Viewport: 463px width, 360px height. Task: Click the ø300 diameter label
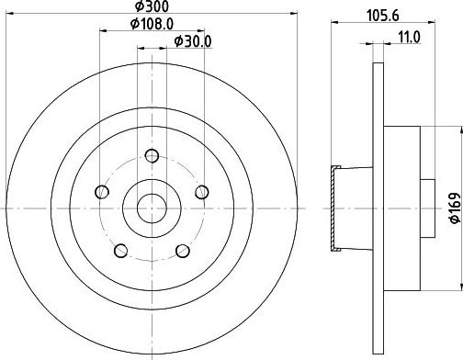(x=152, y=6)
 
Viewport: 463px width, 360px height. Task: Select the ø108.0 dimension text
(x=152, y=24)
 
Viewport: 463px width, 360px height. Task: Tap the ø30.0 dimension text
(x=193, y=41)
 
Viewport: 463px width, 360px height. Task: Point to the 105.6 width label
(x=383, y=16)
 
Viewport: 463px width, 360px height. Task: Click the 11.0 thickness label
(x=410, y=38)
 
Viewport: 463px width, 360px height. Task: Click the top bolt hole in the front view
(x=152, y=156)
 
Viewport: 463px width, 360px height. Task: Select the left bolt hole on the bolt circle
(x=102, y=192)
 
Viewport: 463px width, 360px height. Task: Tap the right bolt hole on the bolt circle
(x=202, y=192)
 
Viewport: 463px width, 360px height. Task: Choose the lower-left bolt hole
(x=121, y=251)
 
